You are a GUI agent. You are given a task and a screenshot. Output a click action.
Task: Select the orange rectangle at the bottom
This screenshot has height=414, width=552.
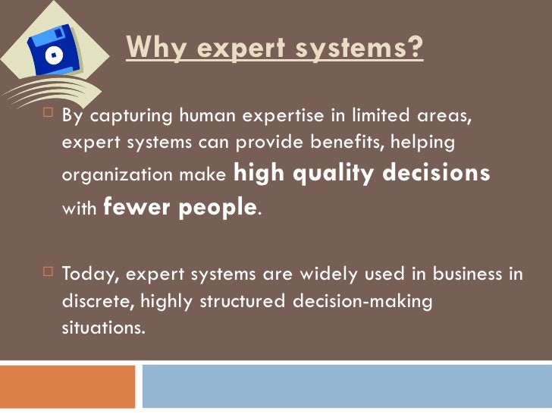67,387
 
